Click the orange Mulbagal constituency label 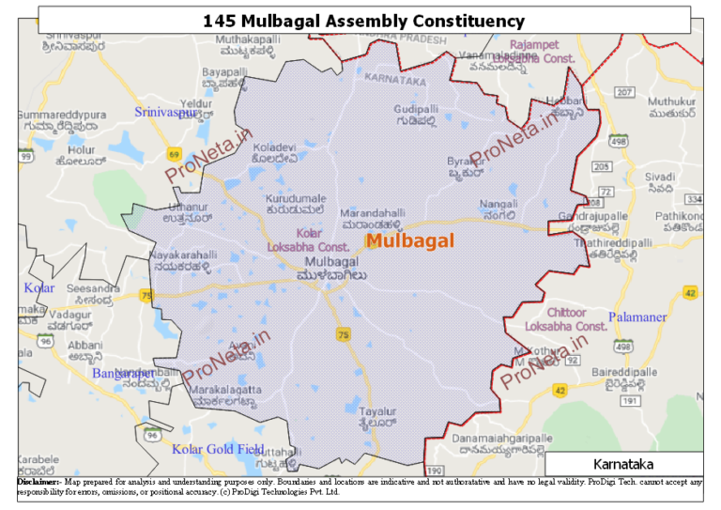(x=409, y=240)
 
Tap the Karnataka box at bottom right (x=623, y=464)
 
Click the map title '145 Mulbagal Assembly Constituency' (x=363, y=21)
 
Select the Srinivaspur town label (x=166, y=113)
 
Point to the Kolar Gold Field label (x=218, y=449)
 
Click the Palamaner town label (x=637, y=317)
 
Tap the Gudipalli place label (x=417, y=110)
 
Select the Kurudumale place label (x=296, y=199)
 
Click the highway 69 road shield (x=174, y=153)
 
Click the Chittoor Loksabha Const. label (x=566, y=319)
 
